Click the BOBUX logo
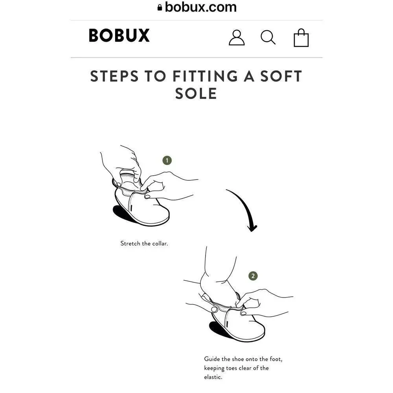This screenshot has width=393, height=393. (x=119, y=35)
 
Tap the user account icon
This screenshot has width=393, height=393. (x=237, y=38)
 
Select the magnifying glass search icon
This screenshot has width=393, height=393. (x=268, y=37)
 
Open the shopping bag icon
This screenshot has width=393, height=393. (x=301, y=38)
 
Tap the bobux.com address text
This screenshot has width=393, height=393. (x=201, y=7)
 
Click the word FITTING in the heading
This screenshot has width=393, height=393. (x=205, y=76)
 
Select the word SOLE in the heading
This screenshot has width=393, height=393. (x=196, y=94)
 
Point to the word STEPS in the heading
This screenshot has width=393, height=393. (x=114, y=76)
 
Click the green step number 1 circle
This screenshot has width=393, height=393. (x=167, y=160)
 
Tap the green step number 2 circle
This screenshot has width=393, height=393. (x=253, y=276)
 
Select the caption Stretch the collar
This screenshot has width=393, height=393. (x=144, y=243)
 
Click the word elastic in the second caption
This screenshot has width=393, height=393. (x=213, y=377)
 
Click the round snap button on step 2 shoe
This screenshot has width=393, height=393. (x=214, y=309)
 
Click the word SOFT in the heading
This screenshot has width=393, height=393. (x=281, y=76)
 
